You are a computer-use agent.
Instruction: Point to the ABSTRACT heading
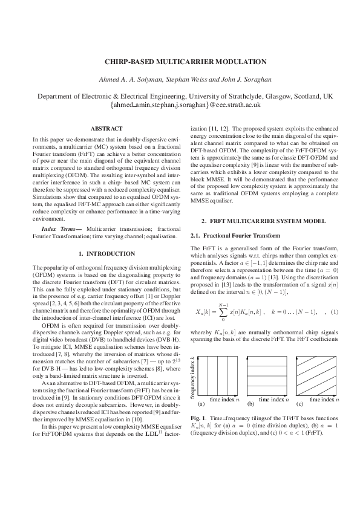click(x=106, y=129)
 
